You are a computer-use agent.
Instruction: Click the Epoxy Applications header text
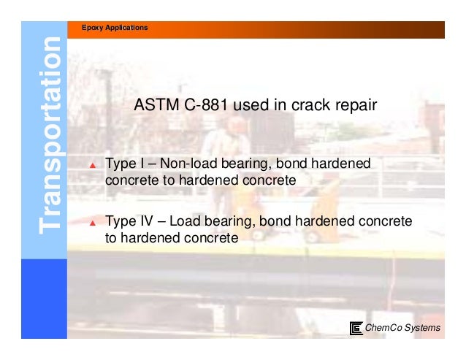(117, 28)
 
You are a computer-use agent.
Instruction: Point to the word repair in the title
(354, 106)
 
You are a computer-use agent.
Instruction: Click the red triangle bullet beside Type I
(93, 166)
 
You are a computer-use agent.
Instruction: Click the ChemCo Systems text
(402, 328)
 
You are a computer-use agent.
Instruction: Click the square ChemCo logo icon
(356, 328)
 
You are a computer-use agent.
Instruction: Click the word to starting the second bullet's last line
(112, 238)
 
